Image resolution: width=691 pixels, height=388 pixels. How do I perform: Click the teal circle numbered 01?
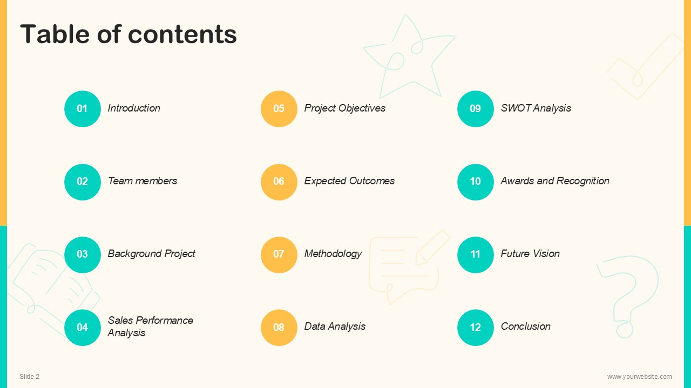83,109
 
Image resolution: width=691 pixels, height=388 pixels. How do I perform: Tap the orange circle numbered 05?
279,109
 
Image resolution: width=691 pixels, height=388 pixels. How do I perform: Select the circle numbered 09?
476,109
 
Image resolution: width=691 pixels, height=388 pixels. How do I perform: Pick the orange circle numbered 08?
279,327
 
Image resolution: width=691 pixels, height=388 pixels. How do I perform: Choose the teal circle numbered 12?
476,327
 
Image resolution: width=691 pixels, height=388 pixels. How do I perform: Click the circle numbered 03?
83,255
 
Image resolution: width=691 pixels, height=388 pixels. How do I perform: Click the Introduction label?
134,108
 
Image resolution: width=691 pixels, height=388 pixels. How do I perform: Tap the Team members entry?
143,181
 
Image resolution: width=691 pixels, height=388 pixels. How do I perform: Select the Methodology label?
333,254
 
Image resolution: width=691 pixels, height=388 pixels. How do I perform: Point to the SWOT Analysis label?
536,108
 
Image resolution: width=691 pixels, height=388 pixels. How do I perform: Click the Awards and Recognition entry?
555,181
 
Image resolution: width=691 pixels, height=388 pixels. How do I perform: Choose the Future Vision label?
530,253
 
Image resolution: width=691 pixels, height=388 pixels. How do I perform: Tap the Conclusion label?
525,326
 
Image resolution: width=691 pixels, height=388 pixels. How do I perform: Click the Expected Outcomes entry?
349,181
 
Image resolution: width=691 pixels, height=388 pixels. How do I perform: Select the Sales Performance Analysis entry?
150,327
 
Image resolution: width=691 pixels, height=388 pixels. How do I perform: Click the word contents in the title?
182,34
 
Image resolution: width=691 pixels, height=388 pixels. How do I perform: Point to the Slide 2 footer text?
29,376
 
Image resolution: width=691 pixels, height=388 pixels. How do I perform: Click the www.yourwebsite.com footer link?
640,377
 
